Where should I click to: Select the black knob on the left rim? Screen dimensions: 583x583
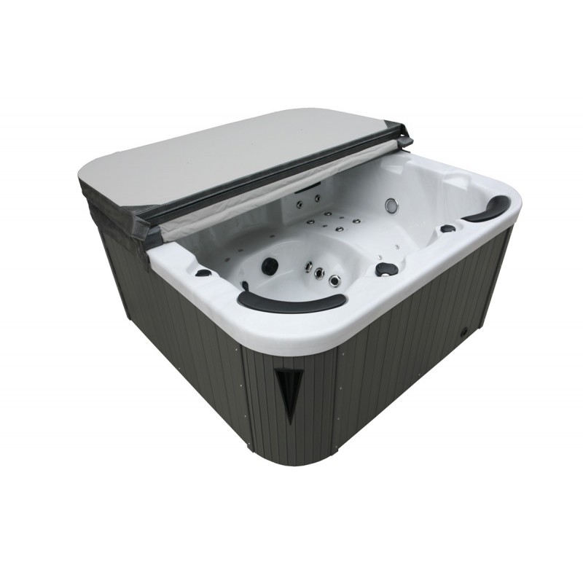tap(204, 273)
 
